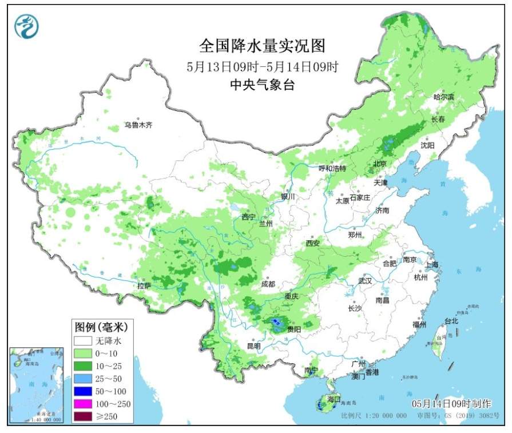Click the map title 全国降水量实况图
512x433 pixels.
click(x=263, y=45)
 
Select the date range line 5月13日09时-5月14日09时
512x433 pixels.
click(x=263, y=66)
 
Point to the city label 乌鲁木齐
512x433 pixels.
click(x=139, y=125)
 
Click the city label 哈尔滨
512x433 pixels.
click(x=443, y=97)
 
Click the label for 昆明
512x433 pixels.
click(x=253, y=346)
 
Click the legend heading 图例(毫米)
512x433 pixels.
click(x=100, y=327)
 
